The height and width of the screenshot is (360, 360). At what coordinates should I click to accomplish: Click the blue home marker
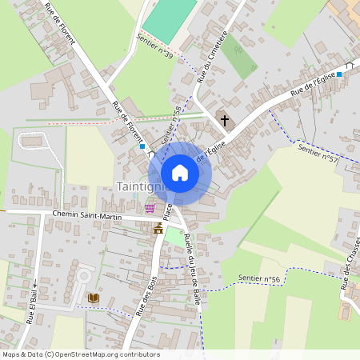click(x=180, y=173)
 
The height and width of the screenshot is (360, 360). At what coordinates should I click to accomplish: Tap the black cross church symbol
click(x=225, y=122)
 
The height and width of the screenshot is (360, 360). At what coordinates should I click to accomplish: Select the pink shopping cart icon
click(x=150, y=208)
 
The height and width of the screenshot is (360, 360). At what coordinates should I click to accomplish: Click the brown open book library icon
click(x=94, y=298)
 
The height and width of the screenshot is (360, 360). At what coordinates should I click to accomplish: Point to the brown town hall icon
click(x=158, y=229)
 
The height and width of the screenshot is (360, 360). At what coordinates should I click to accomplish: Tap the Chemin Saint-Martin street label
click(x=87, y=214)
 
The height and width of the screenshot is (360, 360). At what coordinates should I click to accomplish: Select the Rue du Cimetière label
click(x=212, y=58)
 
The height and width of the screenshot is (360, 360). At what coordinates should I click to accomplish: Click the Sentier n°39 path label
click(x=154, y=46)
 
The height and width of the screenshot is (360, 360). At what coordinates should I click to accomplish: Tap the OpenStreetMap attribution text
click(x=81, y=354)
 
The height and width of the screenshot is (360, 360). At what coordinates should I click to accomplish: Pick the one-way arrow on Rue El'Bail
click(x=34, y=283)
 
